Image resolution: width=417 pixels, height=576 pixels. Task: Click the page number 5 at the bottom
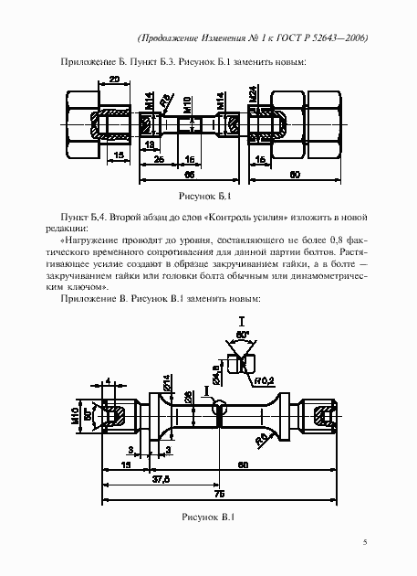pos(365,543)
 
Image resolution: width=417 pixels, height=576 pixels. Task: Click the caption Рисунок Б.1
pos(207,197)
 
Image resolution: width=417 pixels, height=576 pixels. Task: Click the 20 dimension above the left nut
pos(113,80)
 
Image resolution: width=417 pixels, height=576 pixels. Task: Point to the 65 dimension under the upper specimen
pos(189,172)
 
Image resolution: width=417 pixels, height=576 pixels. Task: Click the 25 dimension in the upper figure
pos(158,160)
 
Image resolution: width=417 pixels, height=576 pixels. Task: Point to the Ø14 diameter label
pos(167,384)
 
